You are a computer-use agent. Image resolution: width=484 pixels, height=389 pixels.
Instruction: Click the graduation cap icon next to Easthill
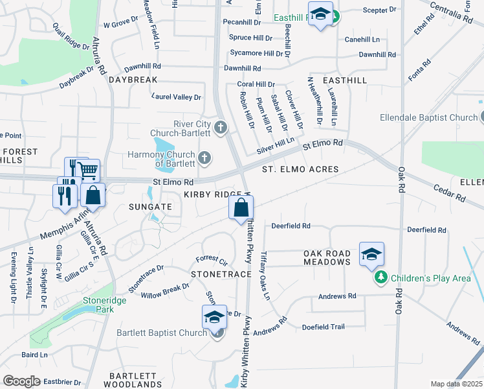click(320, 14)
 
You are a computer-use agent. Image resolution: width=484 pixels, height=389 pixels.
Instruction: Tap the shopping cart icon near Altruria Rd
click(88, 171)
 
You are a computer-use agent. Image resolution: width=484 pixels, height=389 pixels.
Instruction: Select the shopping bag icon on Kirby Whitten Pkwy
click(241, 208)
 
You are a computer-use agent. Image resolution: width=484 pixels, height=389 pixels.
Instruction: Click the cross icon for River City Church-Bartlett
click(221, 126)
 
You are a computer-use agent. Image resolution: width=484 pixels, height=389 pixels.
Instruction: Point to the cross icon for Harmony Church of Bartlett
click(204, 157)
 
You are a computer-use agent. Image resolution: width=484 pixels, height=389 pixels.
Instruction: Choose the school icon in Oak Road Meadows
click(371, 254)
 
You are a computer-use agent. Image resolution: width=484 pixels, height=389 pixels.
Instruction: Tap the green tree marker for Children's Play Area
click(381, 278)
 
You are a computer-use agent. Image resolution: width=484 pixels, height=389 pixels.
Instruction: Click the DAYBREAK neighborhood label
click(133, 80)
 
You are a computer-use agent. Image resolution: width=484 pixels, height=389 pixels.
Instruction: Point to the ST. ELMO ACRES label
click(300, 169)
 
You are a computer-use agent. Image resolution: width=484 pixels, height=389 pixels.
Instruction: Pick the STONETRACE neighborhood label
click(221, 275)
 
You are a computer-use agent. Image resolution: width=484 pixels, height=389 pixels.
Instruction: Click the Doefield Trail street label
click(327, 327)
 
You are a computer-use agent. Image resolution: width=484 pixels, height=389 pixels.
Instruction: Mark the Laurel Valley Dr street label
click(176, 97)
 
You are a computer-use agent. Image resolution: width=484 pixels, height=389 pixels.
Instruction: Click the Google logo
click(22, 381)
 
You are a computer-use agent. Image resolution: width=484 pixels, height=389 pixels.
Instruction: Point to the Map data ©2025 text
click(456, 384)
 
